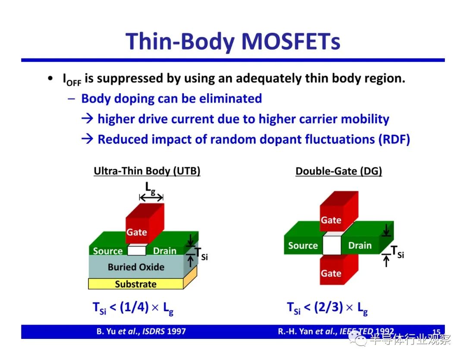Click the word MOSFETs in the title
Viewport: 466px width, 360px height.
291,41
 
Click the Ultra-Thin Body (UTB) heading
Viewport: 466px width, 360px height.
147,171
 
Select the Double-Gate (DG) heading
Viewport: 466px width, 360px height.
339,171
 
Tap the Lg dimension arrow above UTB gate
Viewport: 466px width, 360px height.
151,197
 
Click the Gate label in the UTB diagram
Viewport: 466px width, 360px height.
137,232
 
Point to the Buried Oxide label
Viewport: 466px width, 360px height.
136,267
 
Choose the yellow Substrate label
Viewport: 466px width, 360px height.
135,284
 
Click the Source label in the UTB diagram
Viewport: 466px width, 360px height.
107,251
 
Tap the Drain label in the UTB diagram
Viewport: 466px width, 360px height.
165,251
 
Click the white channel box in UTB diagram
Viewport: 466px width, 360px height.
137,249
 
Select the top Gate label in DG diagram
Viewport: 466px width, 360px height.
331,220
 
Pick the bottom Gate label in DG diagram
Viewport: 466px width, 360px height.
331,273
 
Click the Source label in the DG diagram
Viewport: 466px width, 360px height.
303,246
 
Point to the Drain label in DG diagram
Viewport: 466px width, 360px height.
360,246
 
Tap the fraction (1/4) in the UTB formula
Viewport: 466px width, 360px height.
134,307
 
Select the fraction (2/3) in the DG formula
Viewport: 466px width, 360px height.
328,307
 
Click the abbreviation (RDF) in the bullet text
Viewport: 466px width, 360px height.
394,139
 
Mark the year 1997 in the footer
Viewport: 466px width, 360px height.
176,331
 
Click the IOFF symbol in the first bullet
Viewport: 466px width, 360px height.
72,79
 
